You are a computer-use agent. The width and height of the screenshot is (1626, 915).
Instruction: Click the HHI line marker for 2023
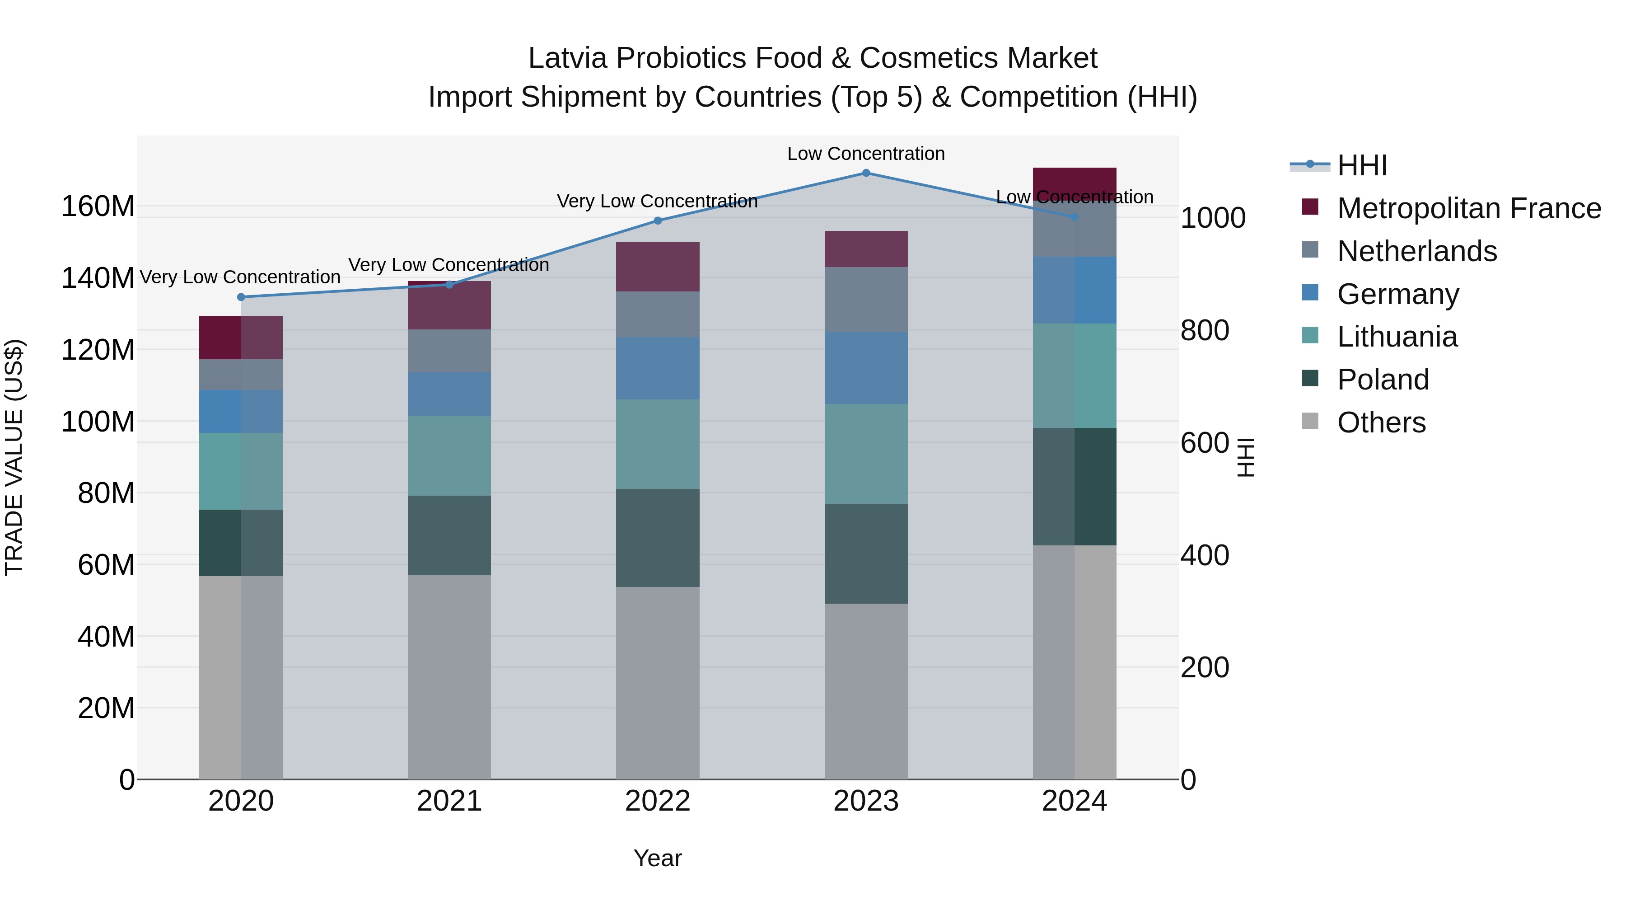click(x=866, y=173)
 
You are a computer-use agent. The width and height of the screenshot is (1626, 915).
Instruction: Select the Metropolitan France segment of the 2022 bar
click(x=658, y=267)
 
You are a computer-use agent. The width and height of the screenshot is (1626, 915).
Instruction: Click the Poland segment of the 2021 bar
click(x=449, y=535)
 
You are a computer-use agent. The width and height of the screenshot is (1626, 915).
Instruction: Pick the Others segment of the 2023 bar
click(x=866, y=691)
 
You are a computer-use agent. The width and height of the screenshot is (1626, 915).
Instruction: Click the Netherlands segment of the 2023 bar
click(x=866, y=299)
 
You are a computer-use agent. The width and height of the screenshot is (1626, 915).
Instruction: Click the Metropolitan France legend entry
click(x=1468, y=208)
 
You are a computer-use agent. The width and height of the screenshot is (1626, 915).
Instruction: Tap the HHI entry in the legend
click(x=1361, y=165)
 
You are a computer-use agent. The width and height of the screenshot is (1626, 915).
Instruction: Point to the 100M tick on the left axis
click(x=98, y=421)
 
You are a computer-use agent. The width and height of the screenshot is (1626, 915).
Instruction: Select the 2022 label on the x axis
click(x=658, y=801)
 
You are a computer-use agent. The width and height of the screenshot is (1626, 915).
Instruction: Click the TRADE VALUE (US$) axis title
click(x=14, y=457)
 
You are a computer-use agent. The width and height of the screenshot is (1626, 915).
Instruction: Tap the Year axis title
click(x=658, y=858)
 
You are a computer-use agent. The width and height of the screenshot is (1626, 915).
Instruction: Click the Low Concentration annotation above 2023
click(x=865, y=154)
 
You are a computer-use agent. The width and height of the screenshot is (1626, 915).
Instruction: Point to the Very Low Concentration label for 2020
click(x=240, y=277)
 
